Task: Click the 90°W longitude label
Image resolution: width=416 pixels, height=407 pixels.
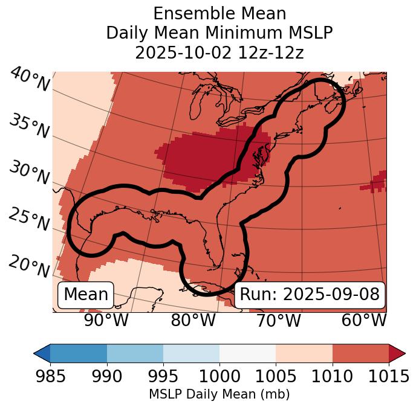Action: click(106, 320)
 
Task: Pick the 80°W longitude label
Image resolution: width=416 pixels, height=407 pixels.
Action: click(193, 320)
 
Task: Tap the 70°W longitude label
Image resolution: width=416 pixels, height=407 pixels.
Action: click(278, 320)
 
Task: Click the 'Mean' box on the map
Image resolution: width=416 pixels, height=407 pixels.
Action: click(86, 295)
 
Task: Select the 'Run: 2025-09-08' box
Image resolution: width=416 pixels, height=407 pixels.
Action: click(310, 295)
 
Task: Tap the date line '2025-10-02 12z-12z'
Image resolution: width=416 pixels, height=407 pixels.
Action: click(219, 53)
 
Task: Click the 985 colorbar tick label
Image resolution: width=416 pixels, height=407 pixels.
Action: click(50, 376)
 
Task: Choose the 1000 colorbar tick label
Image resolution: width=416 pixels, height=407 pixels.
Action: click(219, 376)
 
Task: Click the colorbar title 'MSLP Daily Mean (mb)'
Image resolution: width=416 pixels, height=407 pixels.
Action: click(219, 394)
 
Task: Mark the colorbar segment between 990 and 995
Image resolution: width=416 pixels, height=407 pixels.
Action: click(135, 353)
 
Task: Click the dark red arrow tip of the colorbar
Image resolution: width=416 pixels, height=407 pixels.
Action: click(397, 353)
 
